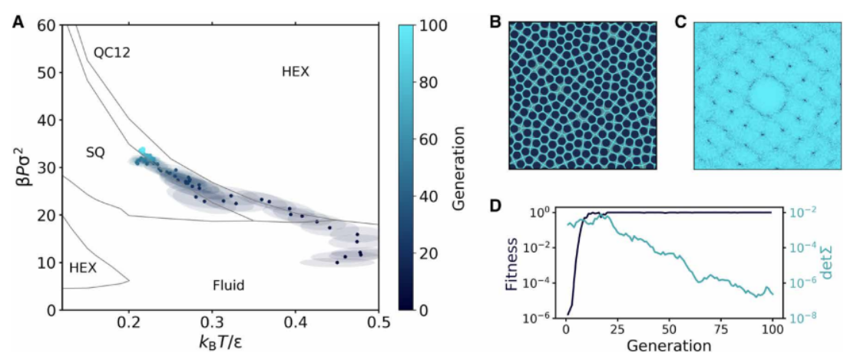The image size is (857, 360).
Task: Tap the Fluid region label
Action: tap(228, 286)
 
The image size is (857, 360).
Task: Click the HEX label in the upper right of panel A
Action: tap(295, 71)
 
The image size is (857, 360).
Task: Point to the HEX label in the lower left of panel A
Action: tap(82, 267)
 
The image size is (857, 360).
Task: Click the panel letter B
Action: tap(495, 21)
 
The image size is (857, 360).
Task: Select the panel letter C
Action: tap(680, 21)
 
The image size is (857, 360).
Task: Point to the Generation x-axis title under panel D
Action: tap(667, 345)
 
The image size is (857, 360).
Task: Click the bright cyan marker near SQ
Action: tap(142, 151)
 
